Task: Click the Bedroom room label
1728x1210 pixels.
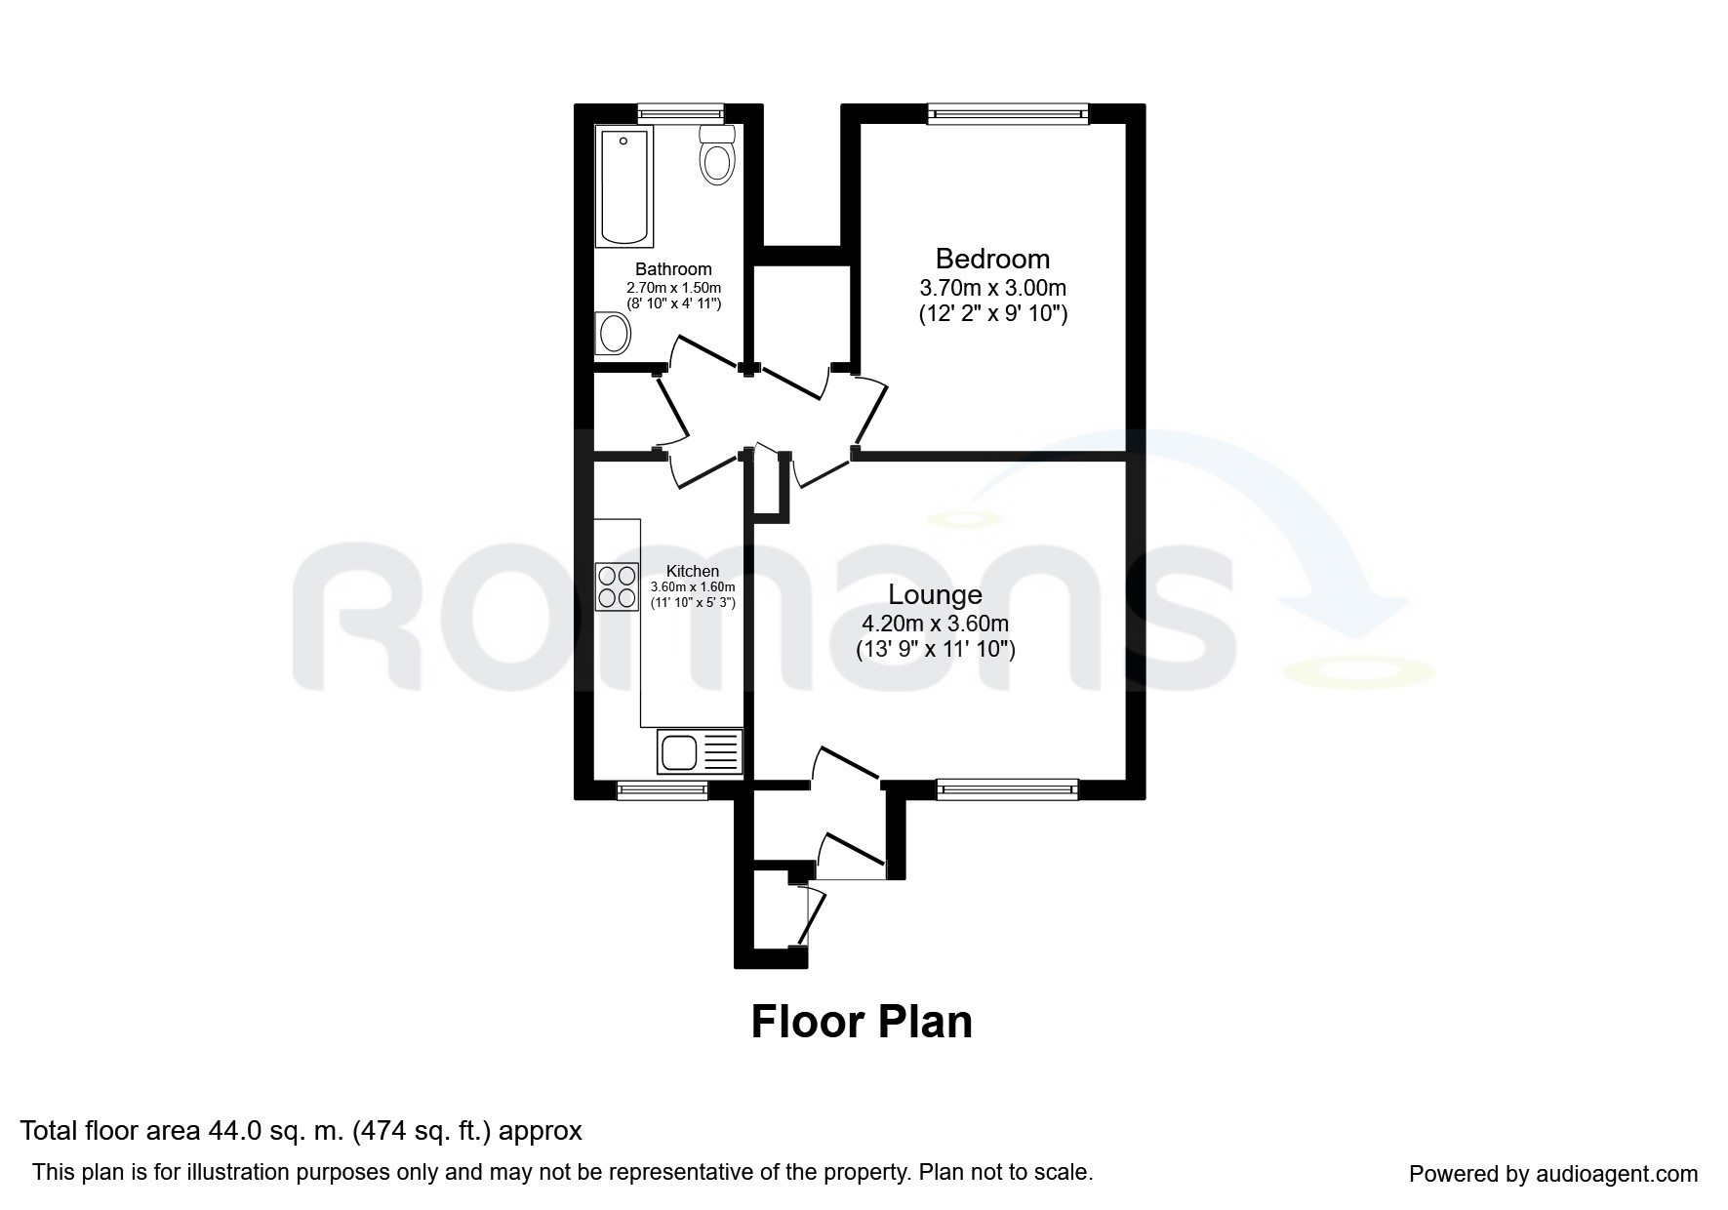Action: (x=992, y=259)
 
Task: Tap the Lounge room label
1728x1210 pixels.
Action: (x=935, y=594)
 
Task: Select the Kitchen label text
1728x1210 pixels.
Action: (x=693, y=571)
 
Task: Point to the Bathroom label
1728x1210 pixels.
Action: (x=673, y=269)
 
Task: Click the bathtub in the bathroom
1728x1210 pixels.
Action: (x=623, y=184)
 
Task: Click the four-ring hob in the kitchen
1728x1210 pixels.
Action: (x=618, y=586)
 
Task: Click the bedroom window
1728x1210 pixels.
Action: (x=1009, y=114)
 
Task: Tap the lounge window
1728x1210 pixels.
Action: (x=1007, y=789)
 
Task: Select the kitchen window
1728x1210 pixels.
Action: (x=663, y=790)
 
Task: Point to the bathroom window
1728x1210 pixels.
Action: (x=681, y=113)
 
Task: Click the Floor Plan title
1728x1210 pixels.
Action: (x=862, y=1022)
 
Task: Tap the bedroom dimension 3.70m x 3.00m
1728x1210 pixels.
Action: (x=992, y=289)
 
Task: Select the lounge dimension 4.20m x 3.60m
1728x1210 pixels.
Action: (x=935, y=624)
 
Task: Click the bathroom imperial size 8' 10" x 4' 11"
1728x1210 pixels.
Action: (x=673, y=303)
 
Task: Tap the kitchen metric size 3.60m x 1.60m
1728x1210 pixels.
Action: (x=693, y=586)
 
